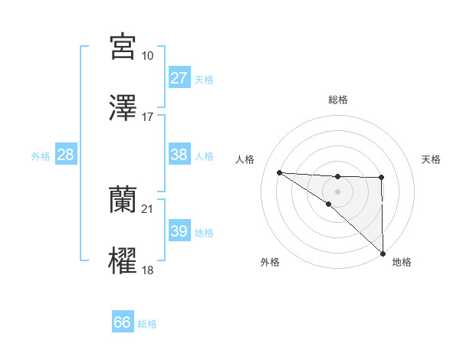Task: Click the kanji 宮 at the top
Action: tap(123, 47)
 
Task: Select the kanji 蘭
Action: tap(123, 200)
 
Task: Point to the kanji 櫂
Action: tap(123, 261)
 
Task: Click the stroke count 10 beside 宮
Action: tap(148, 56)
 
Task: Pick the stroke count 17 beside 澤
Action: tap(148, 117)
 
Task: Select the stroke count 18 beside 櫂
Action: tap(148, 270)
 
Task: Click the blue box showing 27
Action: tap(179, 78)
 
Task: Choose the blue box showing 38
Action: tap(179, 155)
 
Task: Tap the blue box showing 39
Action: tap(179, 231)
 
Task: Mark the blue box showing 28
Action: tap(66, 155)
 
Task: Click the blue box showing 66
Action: tap(122, 322)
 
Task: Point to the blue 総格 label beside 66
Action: tap(147, 324)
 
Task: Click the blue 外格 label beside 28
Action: tap(41, 156)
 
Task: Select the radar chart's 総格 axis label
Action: tap(337, 100)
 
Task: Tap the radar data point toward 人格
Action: tap(279, 172)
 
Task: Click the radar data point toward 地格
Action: tap(382, 253)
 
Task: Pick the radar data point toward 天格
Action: tap(382, 178)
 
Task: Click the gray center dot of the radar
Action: tap(337, 190)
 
